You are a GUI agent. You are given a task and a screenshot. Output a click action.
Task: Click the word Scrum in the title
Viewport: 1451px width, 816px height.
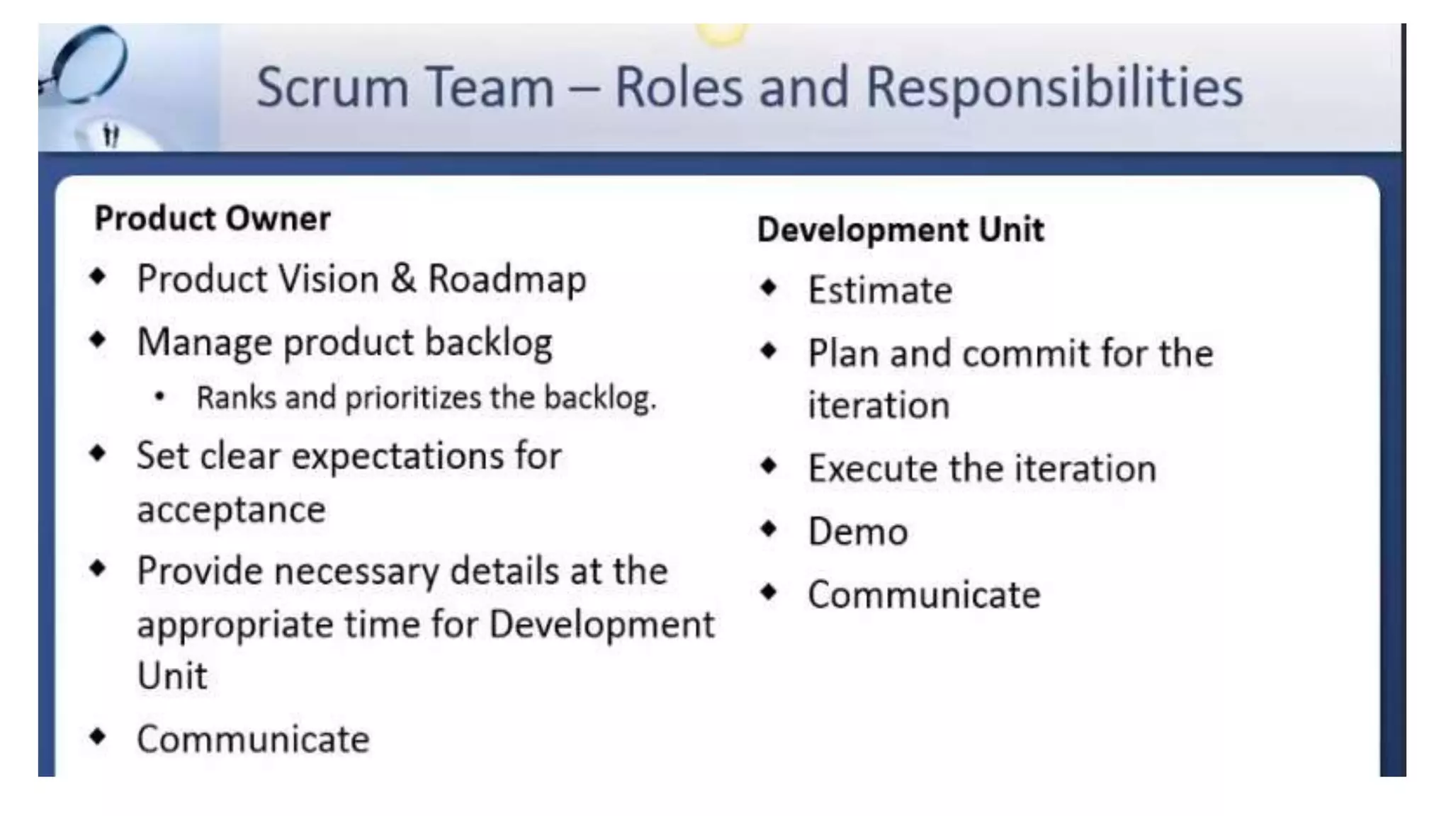click(x=332, y=88)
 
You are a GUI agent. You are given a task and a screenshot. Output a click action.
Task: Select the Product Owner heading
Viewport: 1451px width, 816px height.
click(x=213, y=218)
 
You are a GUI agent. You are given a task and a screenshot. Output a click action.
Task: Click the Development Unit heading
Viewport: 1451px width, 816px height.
click(x=900, y=229)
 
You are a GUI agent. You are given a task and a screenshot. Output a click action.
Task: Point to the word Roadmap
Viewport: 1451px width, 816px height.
click(x=507, y=279)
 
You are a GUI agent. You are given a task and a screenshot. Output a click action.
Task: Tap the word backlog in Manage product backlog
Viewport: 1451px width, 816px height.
click(x=488, y=343)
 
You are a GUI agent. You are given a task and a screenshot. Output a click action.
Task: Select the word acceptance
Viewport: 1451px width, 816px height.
click(x=231, y=510)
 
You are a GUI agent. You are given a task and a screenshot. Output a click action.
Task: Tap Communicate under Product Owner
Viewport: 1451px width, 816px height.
click(x=253, y=739)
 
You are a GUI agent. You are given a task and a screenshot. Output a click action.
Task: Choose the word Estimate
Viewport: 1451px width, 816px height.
click(x=880, y=290)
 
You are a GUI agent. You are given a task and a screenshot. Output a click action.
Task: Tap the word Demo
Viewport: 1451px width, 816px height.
click(x=858, y=532)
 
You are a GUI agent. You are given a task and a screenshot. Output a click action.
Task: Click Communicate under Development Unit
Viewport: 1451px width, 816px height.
click(x=924, y=595)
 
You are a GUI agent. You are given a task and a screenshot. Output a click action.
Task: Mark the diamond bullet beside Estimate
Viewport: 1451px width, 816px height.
click(x=769, y=288)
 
